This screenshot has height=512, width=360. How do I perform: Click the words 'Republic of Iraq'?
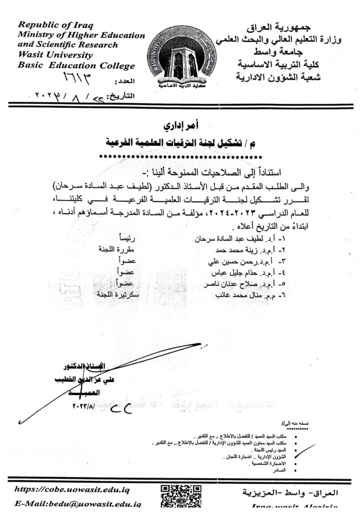[x=55, y=26]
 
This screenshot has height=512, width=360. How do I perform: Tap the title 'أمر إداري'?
[x=180, y=122]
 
